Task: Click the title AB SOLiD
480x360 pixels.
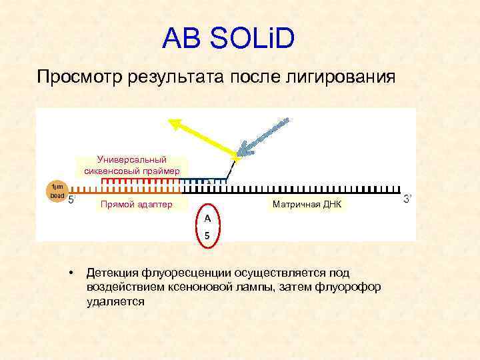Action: click(x=227, y=39)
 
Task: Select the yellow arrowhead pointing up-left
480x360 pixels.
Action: click(x=176, y=123)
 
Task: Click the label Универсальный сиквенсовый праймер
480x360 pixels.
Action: click(x=132, y=165)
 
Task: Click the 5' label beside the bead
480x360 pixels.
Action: click(x=72, y=199)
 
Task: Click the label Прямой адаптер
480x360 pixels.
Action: click(x=136, y=204)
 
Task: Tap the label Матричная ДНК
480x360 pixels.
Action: click(x=307, y=204)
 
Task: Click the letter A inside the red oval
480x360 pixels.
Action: click(x=207, y=218)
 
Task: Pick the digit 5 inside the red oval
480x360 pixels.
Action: click(x=207, y=235)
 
